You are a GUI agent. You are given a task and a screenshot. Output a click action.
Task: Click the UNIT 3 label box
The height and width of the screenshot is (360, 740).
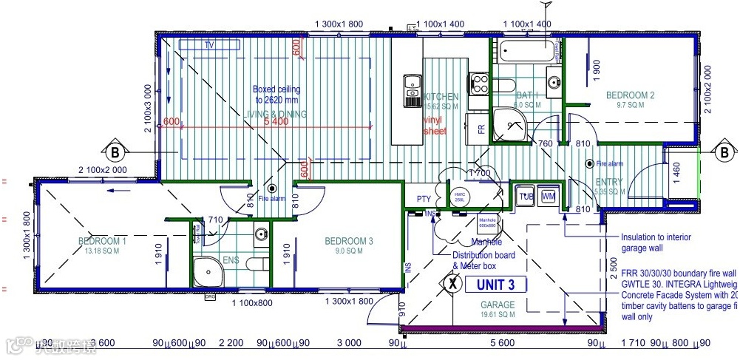tap(500, 284)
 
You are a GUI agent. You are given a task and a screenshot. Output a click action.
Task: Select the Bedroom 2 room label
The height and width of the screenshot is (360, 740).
tap(630, 95)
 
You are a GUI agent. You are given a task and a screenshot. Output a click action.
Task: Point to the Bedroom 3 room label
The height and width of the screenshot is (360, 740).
tap(348, 241)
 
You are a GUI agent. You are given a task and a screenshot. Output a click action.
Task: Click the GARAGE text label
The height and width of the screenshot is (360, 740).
tap(498, 304)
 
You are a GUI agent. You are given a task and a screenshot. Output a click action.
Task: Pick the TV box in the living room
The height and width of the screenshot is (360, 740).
tap(209, 45)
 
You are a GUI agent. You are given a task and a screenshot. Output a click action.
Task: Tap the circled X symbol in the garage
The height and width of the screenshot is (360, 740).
tap(453, 282)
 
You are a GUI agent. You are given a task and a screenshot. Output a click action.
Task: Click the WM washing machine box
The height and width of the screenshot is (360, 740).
tap(548, 197)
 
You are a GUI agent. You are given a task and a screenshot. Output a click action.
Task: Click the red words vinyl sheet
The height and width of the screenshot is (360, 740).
tap(435, 125)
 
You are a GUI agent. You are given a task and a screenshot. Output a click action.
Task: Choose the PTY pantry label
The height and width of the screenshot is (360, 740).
tap(424, 199)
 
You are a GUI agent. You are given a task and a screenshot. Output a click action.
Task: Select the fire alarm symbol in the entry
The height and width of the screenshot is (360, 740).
tap(589, 163)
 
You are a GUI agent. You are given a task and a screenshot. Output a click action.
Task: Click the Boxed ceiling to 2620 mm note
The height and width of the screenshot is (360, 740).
tap(276, 94)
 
